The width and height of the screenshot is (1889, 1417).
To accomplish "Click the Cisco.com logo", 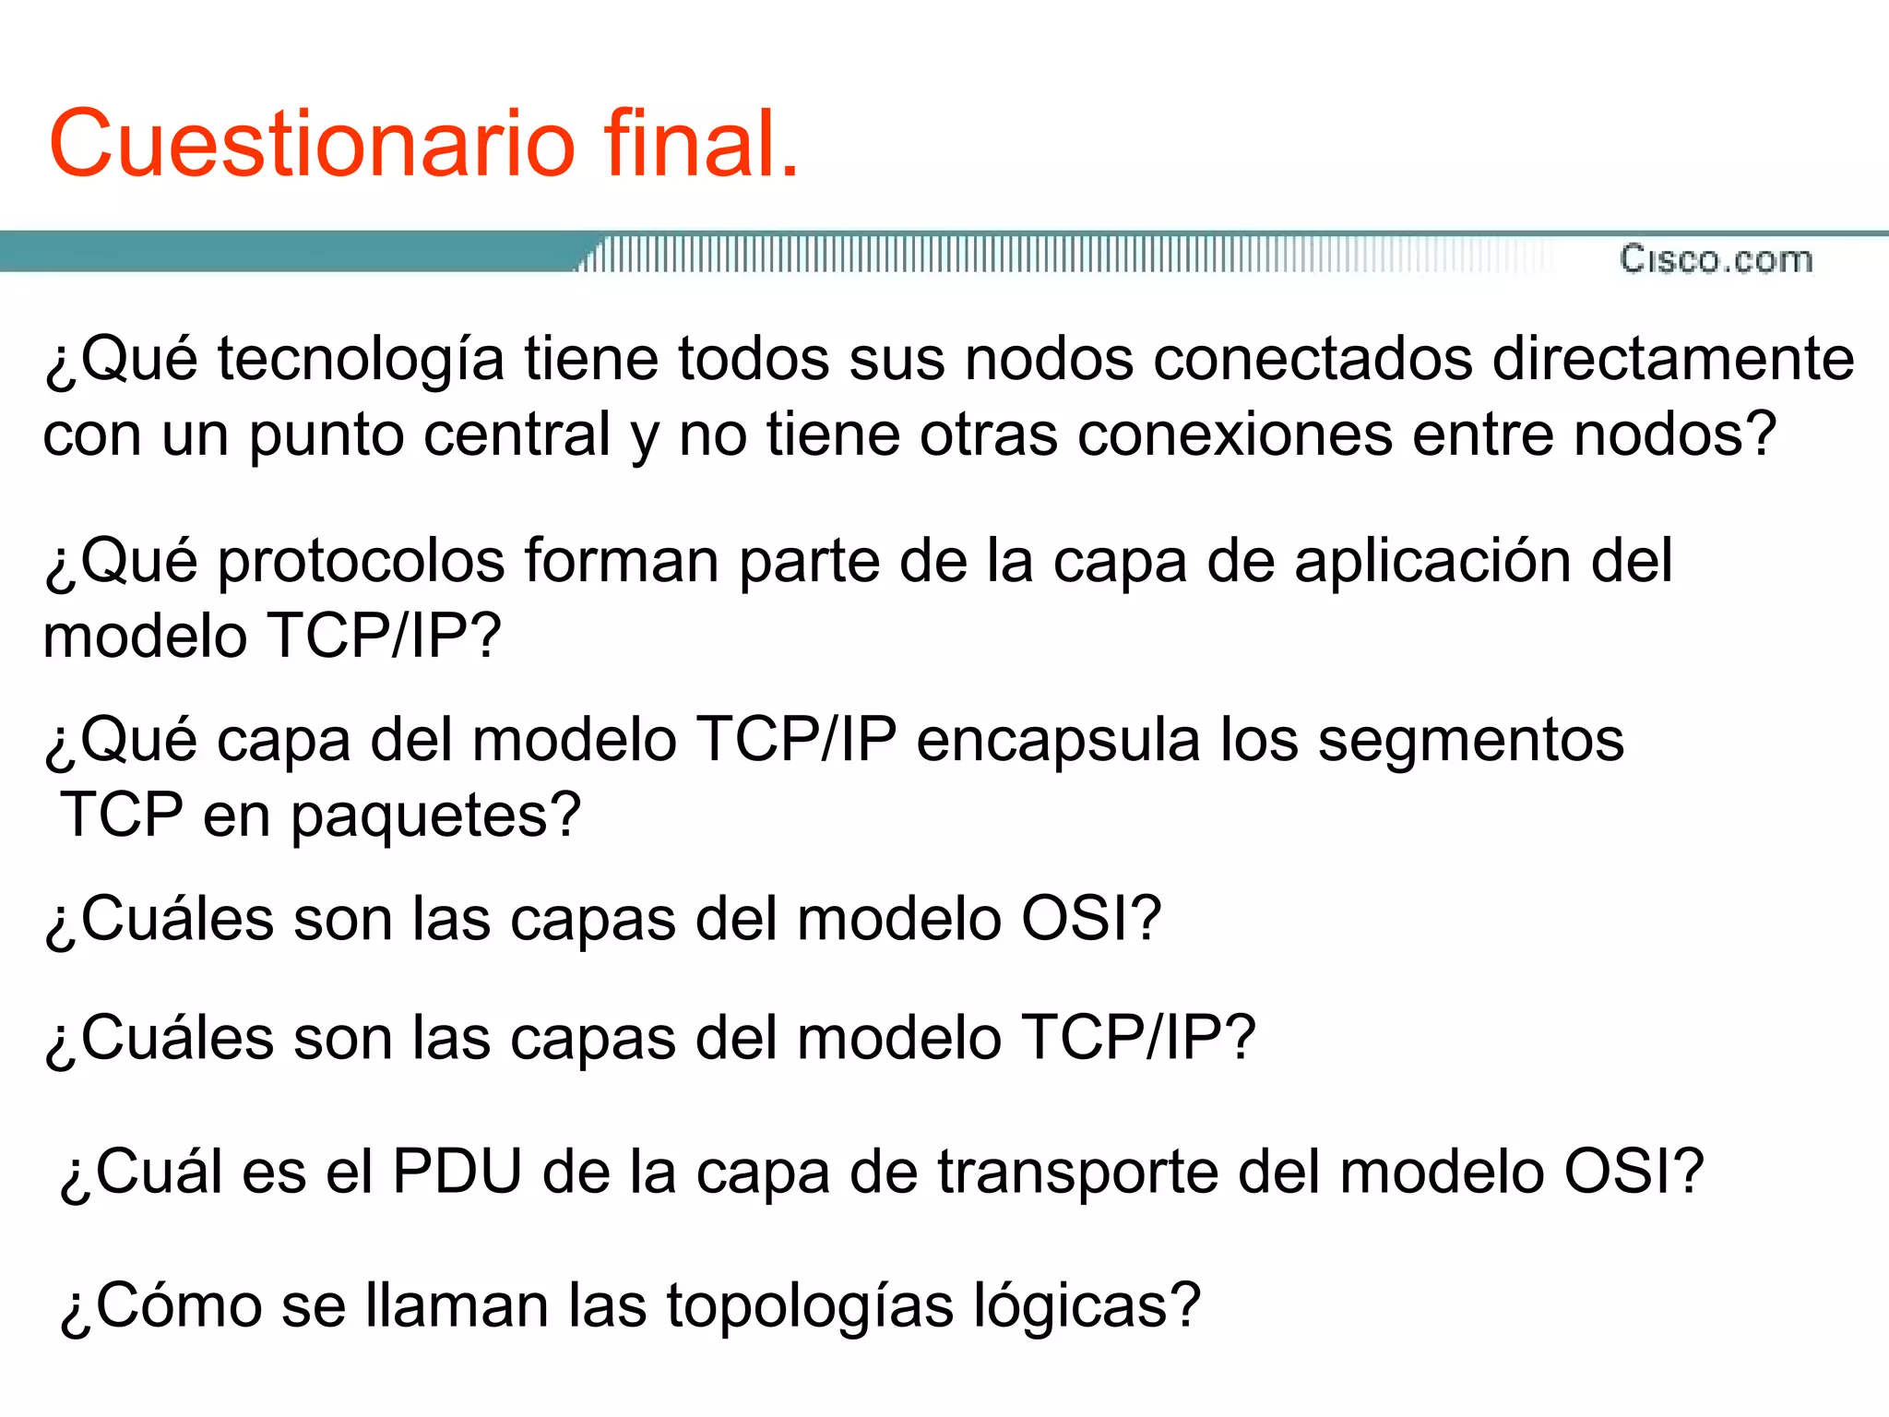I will coord(1716,259).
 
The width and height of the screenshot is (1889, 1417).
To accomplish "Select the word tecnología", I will coord(361,360).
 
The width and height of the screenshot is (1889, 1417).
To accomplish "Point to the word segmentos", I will coord(1470,742).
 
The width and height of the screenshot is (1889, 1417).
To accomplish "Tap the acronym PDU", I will coord(457,1173).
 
